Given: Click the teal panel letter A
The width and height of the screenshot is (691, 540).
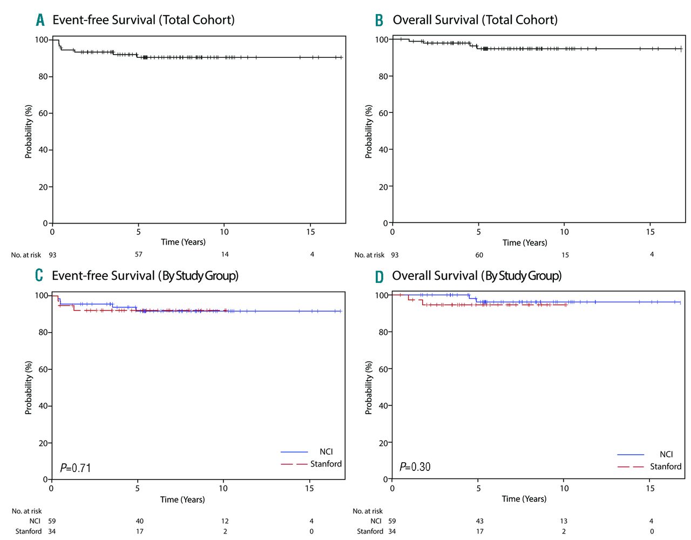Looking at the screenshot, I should (x=40, y=20).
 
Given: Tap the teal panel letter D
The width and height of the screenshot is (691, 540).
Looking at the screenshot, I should (x=380, y=276).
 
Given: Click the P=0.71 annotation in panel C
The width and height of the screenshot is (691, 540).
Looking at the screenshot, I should (x=76, y=468).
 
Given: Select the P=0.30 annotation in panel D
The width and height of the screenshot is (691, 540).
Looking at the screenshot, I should (x=415, y=467).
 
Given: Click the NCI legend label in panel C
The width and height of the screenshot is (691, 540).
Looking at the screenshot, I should (x=326, y=451).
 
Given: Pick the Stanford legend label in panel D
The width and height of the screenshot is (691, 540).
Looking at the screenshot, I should (x=666, y=466).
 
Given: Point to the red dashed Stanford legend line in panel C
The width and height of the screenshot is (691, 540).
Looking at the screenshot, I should (x=294, y=464).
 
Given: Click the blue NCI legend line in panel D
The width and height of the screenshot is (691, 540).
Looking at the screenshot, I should (x=631, y=454).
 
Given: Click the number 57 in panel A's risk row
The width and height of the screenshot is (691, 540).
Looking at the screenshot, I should (x=139, y=254).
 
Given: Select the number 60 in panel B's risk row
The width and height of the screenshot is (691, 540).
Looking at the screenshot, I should (x=479, y=255).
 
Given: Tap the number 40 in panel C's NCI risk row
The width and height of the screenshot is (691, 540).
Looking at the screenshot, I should (x=140, y=521).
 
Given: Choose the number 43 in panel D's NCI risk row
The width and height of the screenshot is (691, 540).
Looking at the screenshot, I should (x=480, y=521).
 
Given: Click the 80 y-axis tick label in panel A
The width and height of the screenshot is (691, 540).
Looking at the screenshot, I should (x=43, y=77).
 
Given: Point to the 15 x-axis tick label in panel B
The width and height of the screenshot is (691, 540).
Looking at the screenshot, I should (x=651, y=232).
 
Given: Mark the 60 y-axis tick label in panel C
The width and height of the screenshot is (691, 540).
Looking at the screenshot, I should (x=43, y=369).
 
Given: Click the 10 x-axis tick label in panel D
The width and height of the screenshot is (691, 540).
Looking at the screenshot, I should (x=564, y=488).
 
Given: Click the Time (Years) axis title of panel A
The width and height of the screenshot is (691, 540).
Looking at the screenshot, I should (x=183, y=242).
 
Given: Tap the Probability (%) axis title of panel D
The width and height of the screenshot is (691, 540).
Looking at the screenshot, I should (x=369, y=387).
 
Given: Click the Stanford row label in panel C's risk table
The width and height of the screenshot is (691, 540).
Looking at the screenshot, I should (x=29, y=531).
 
